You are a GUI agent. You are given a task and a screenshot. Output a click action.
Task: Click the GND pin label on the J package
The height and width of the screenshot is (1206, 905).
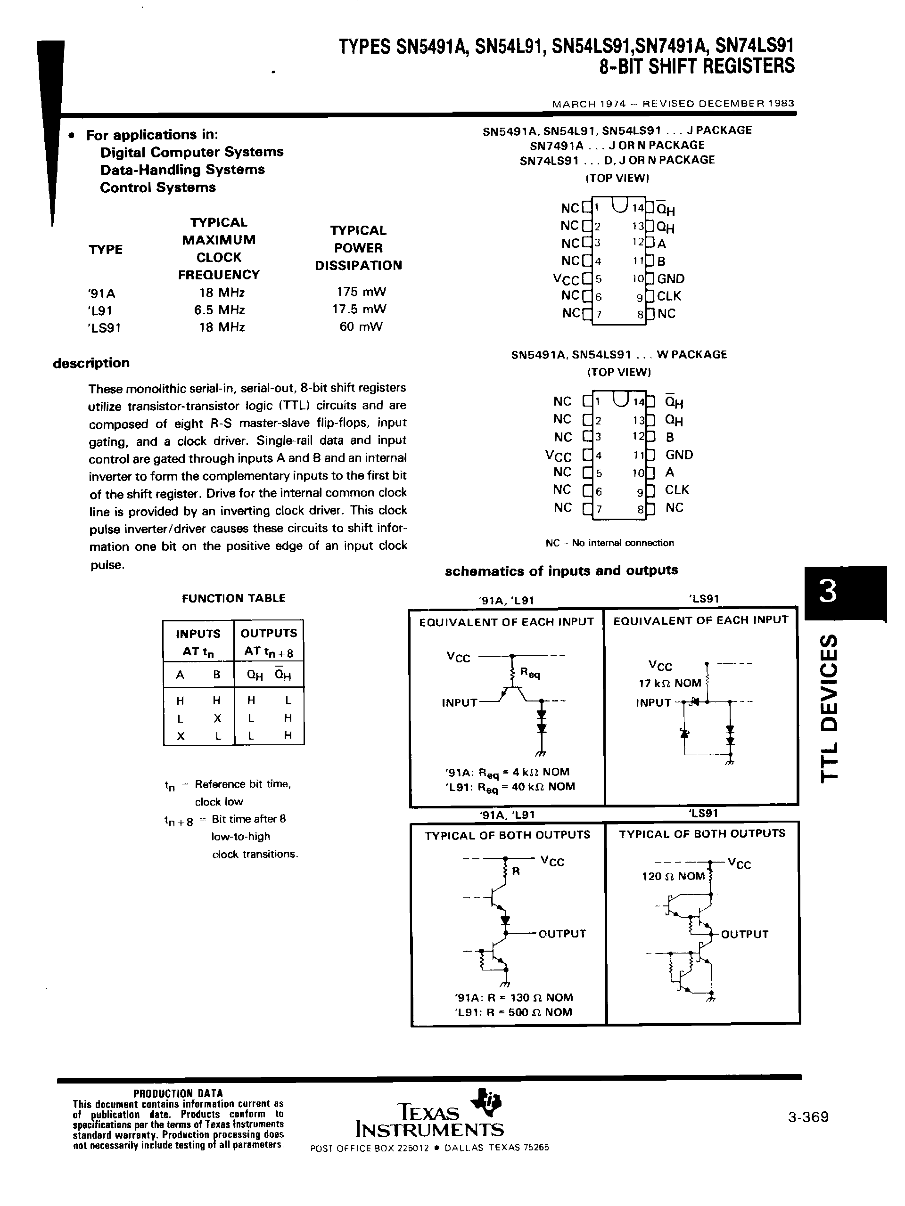pos(670,278)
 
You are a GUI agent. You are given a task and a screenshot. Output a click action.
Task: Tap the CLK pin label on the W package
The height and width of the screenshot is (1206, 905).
pos(677,489)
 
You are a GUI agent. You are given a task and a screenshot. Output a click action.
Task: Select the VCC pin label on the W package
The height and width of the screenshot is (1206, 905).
pos(558,456)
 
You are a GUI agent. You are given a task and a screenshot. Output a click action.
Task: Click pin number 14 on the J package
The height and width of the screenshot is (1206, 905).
pos(637,208)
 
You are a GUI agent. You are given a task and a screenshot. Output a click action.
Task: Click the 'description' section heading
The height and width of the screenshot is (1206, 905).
pos(91,363)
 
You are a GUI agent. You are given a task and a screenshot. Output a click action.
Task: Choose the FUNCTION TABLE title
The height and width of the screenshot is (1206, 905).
pos(233,598)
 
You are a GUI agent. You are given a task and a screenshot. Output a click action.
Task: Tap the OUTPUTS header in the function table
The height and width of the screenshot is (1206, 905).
pos(269,633)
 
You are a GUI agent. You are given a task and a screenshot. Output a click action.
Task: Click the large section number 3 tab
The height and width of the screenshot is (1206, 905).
pos(828,592)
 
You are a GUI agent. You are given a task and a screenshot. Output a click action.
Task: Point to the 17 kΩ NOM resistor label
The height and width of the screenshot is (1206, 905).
pos(670,683)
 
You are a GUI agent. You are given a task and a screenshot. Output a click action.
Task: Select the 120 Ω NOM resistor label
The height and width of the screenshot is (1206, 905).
pos(673,876)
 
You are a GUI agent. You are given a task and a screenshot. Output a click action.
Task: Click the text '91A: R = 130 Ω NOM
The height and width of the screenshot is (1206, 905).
pos(513,997)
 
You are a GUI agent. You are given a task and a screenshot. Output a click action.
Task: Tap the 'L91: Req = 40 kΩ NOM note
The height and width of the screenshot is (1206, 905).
pos(510,786)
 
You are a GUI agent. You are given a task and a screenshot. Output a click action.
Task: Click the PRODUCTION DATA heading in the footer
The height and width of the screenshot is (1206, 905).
pos(178,1092)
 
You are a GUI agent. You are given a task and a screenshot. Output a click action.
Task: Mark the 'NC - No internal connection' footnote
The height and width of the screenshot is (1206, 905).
pos(609,543)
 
